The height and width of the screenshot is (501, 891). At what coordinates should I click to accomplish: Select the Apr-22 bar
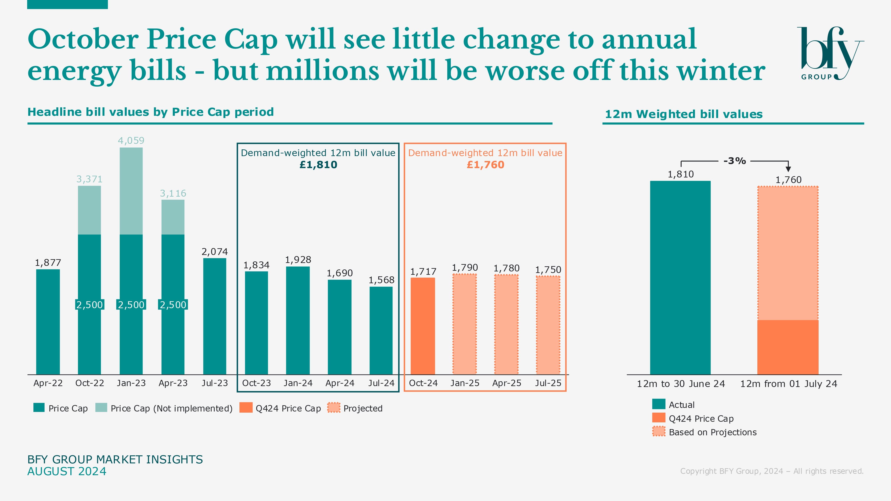click(48, 322)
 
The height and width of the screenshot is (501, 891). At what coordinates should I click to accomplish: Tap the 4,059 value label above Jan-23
click(131, 140)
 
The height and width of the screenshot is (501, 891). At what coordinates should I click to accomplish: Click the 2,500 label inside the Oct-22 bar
click(90, 305)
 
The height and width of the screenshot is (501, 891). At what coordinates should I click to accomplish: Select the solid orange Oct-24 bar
click(423, 326)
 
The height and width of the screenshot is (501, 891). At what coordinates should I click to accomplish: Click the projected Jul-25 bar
click(548, 325)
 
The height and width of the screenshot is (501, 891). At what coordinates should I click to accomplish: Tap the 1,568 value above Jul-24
click(381, 280)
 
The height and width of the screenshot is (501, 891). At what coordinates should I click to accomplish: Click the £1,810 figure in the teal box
click(318, 165)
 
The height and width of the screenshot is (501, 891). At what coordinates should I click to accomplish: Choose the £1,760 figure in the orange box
click(485, 165)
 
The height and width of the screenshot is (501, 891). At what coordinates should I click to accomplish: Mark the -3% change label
click(735, 161)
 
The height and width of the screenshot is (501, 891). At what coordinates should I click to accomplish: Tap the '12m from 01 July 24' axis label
click(788, 384)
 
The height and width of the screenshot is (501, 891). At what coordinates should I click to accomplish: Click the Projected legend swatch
click(334, 408)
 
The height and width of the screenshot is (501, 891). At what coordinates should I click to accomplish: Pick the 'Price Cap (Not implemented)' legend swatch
click(101, 408)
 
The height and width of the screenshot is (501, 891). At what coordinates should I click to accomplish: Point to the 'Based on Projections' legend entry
click(713, 432)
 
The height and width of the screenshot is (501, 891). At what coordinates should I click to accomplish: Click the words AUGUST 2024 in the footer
click(67, 471)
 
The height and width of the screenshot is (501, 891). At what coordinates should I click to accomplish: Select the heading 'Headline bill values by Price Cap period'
click(150, 112)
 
